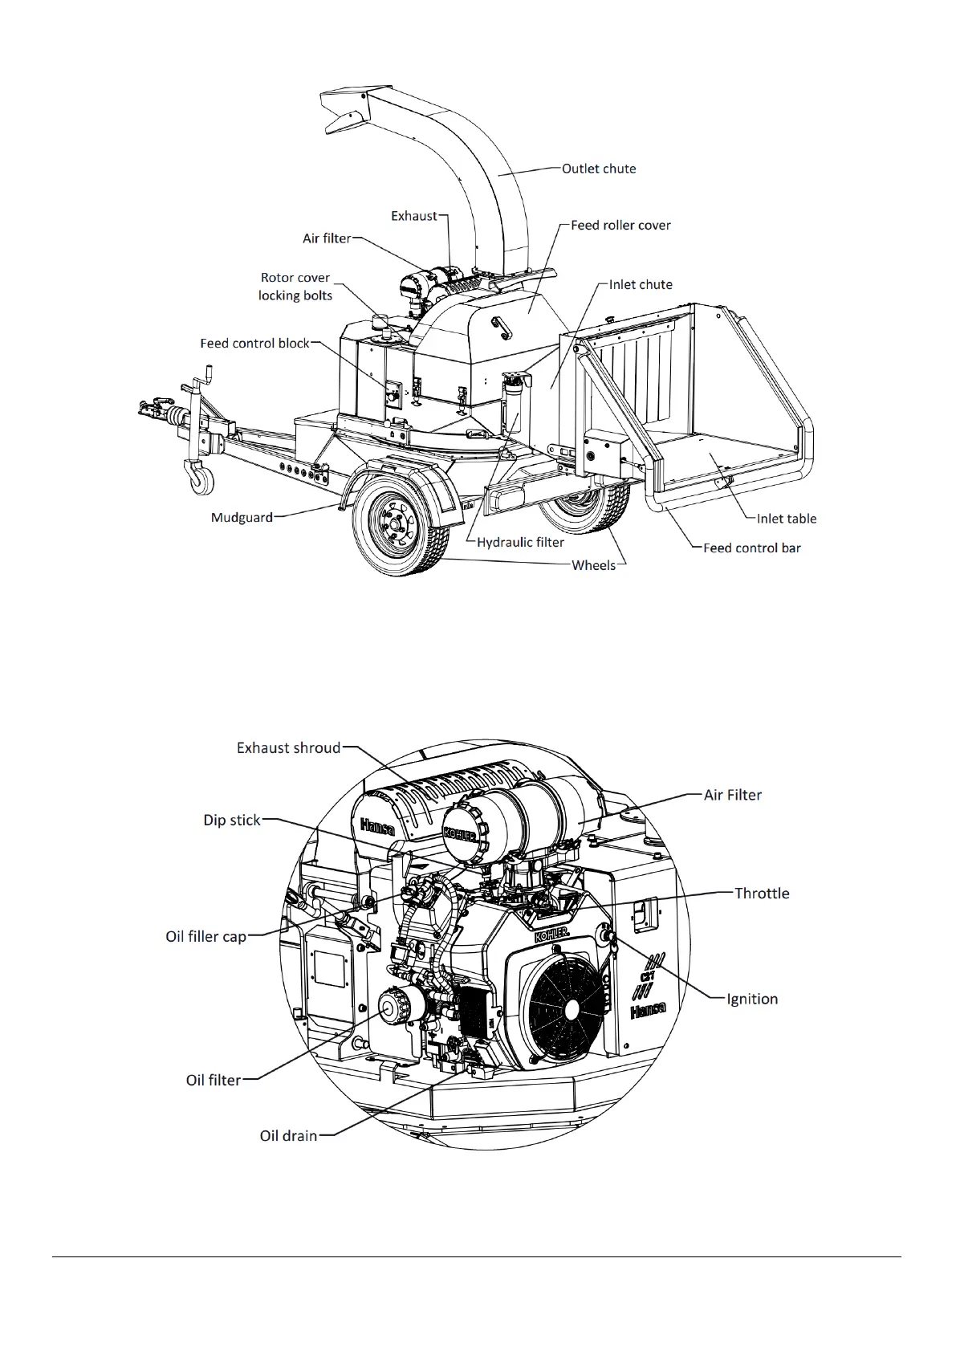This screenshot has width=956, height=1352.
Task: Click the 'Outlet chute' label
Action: point(598,169)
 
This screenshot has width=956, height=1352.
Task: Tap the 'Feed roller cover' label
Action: point(620,226)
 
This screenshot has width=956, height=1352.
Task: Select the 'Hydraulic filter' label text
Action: point(520,542)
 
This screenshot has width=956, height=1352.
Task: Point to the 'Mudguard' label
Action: point(242,517)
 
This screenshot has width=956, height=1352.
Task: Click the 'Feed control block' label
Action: point(254,344)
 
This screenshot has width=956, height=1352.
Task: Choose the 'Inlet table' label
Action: point(786,519)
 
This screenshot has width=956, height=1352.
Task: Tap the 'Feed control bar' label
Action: point(751,548)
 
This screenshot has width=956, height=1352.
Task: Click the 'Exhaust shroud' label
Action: point(288,748)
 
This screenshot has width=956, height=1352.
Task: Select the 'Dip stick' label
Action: point(232,821)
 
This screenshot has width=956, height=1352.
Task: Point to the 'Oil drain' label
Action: point(288,1136)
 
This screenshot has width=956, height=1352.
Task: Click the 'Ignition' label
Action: point(751,999)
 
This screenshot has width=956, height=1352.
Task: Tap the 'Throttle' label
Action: point(762,894)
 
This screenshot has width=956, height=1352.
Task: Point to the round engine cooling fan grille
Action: point(570,1007)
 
